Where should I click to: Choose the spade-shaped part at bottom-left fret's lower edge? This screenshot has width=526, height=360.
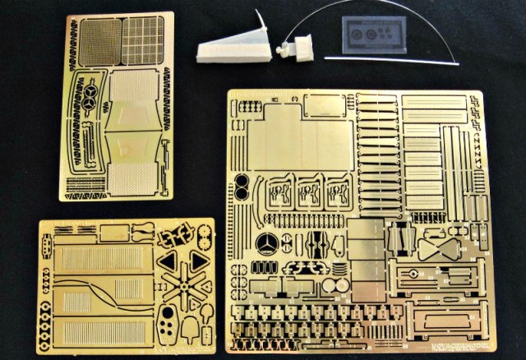click(x=191, y=330)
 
